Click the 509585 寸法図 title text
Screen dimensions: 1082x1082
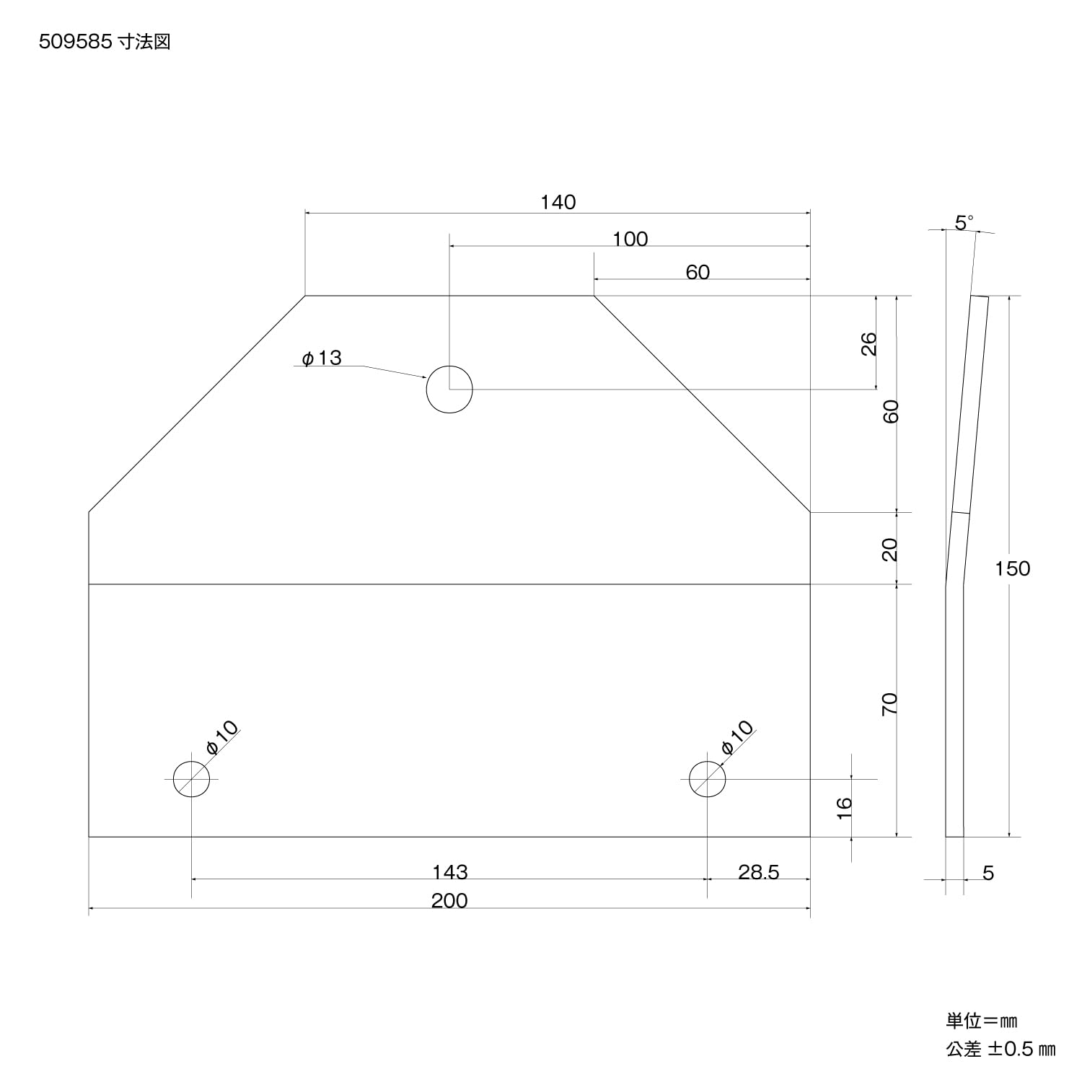[105, 43]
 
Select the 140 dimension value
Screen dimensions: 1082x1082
[558, 202]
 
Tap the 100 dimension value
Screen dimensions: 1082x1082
[630, 239]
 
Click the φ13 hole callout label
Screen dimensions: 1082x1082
[322, 358]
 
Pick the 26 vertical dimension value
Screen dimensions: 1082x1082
[869, 343]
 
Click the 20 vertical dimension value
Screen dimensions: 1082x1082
[891, 550]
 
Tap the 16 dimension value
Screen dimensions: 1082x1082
[845, 807]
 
